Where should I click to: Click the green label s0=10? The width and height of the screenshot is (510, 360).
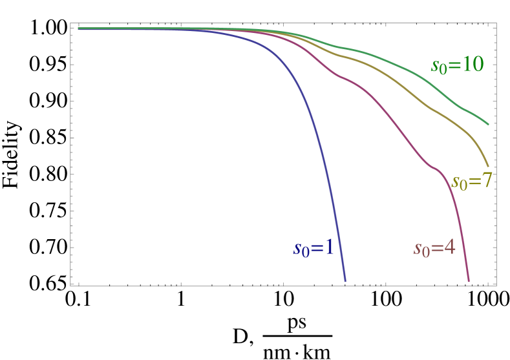point(457,65)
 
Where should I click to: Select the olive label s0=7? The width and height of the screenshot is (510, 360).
point(471,182)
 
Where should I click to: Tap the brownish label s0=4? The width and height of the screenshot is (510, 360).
point(434,249)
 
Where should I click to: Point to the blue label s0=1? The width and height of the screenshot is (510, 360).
point(313,248)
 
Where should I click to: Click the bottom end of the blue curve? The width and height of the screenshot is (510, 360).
point(345,281)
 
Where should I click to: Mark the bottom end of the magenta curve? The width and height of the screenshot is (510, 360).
point(469,281)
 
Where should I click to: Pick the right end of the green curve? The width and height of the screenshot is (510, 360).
point(488,124)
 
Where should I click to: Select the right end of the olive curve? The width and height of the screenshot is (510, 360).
point(488,166)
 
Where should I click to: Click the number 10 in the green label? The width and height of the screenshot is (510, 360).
point(473,65)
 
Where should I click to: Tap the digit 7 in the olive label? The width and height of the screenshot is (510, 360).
point(485,181)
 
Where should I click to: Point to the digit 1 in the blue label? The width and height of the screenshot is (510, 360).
point(328,248)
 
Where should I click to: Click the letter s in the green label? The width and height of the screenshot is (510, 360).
point(434,66)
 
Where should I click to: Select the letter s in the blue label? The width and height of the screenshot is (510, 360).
point(297,249)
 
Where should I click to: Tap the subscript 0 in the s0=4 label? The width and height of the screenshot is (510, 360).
point(425,253)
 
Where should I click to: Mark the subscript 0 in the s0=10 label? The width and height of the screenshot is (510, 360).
point(442,70)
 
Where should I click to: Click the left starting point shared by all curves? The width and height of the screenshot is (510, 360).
point(79,28)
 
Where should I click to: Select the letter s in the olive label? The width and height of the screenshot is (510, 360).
point(454,182)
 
